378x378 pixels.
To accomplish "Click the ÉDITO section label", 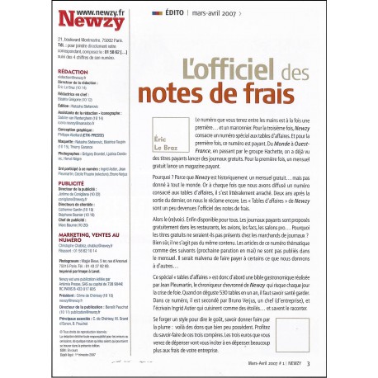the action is coord(168,15).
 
